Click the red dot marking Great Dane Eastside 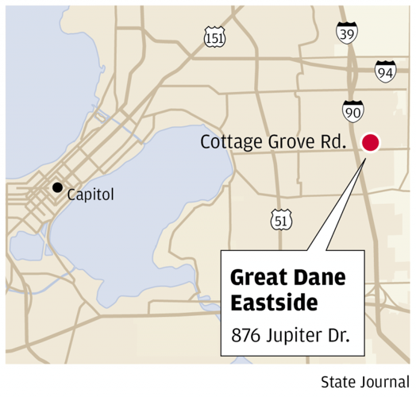click(x=371, y=143)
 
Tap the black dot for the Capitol click(x=57, y=188)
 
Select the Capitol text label click(x=91, y=194)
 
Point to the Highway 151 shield click(x=214, y=37)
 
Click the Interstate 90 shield click(x=354, y=110)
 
